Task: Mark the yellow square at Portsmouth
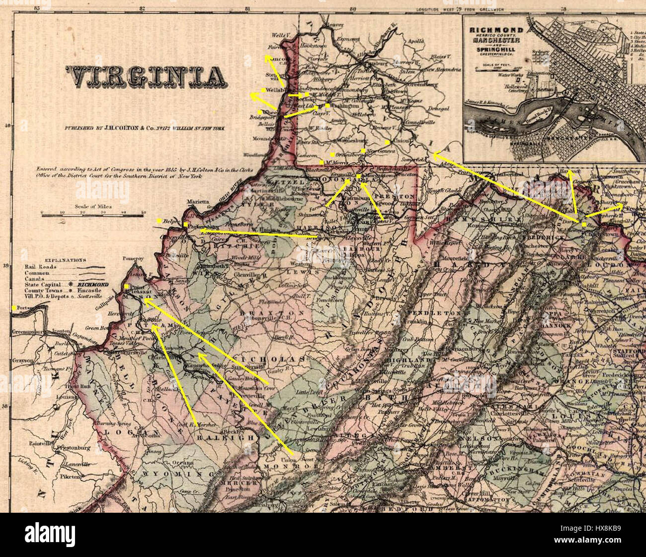[14, 308]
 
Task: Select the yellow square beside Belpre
[159, 220]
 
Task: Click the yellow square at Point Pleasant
[127, 286]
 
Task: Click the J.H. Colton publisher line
[144, 128]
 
